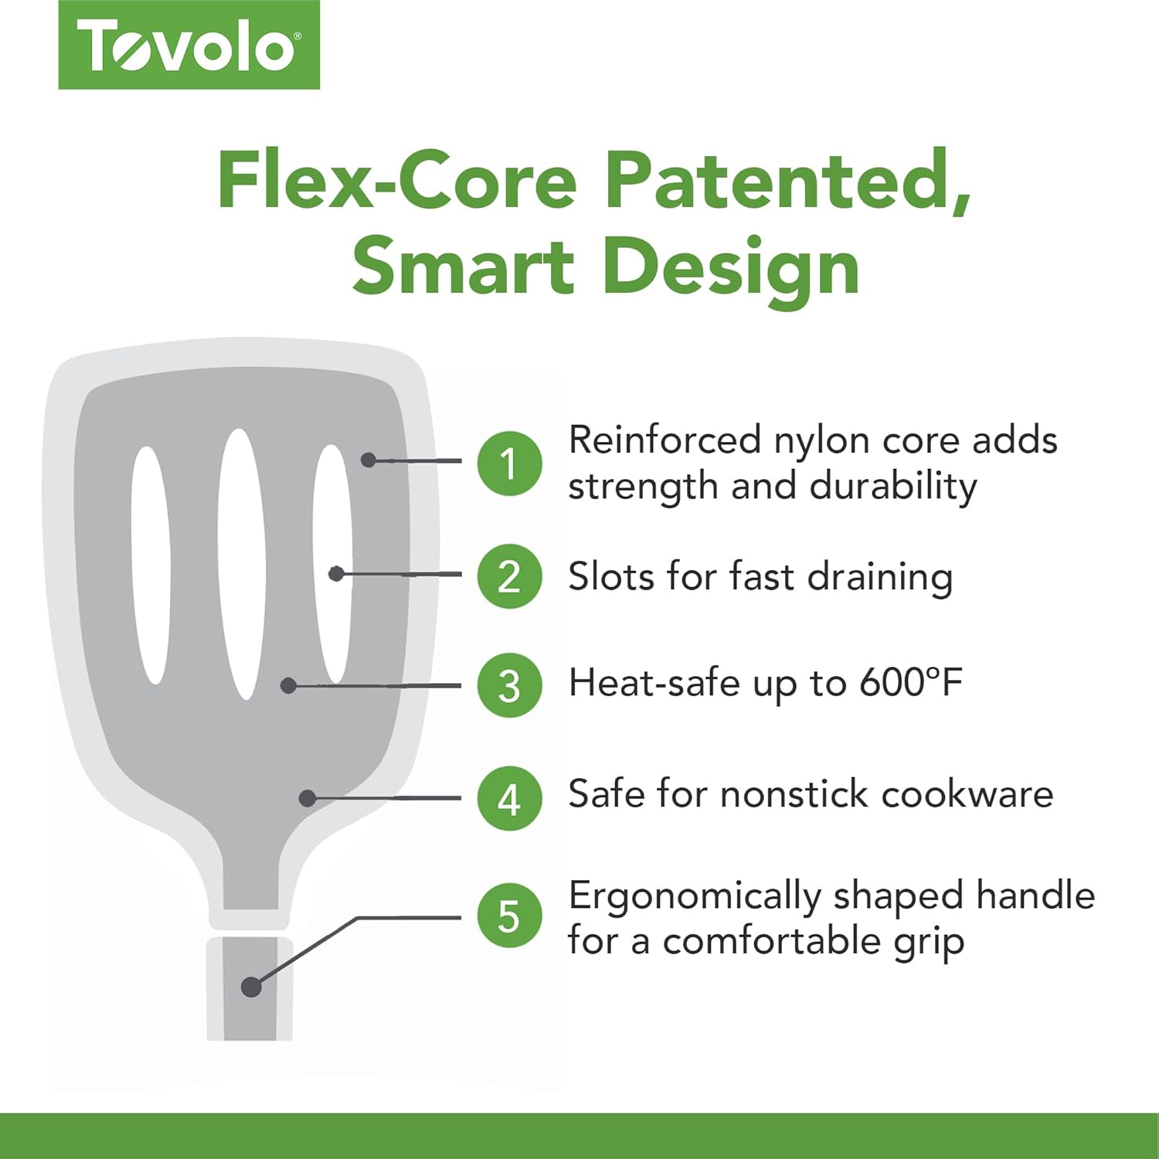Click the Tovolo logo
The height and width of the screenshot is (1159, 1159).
coord(189,45)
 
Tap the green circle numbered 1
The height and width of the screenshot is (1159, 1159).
coord(509,464)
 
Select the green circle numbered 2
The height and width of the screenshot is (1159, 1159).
coord(509,576)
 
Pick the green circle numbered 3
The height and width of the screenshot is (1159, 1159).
coord(509,685)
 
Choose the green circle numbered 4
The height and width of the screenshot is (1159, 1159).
coord(509,799)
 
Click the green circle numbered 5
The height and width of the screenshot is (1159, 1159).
coord(509,916)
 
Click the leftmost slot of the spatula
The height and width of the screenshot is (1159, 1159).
coord(150,565)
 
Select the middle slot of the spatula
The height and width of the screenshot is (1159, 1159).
coord(242,564)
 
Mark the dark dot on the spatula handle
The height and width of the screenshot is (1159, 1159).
coord(251,987)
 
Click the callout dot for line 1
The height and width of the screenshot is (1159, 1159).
coord(369,460)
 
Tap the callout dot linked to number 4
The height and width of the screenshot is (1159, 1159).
coord(308,798)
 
